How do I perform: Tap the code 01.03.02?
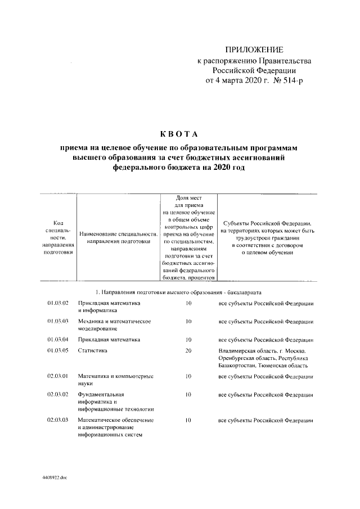pyautogui.click(x=58, y=304)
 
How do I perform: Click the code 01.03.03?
pyautogui.click(x=58, y=321)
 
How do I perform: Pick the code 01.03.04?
pyautogui.click(x=58, y=340)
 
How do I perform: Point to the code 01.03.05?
pyautogui.click(x=58, y=350)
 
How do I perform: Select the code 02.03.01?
pyautogui.click(x=58, y=376)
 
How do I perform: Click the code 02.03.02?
pyautogui.click(x=58, y=394)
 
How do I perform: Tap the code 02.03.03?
pyautogui.click(x=58, y=420)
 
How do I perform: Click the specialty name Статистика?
pyautogui.click(x=92, y=350)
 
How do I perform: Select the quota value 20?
pyautogui.click(x=188, y=350)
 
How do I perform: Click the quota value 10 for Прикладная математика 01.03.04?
pyautogui.click(x=188, y=340)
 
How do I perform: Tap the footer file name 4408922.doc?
pyautogui.click(x=54, y=476)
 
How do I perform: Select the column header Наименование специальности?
pyautogui.click(x=118, y=237)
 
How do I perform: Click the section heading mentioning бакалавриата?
pyautogui.click(x=178, y=292)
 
